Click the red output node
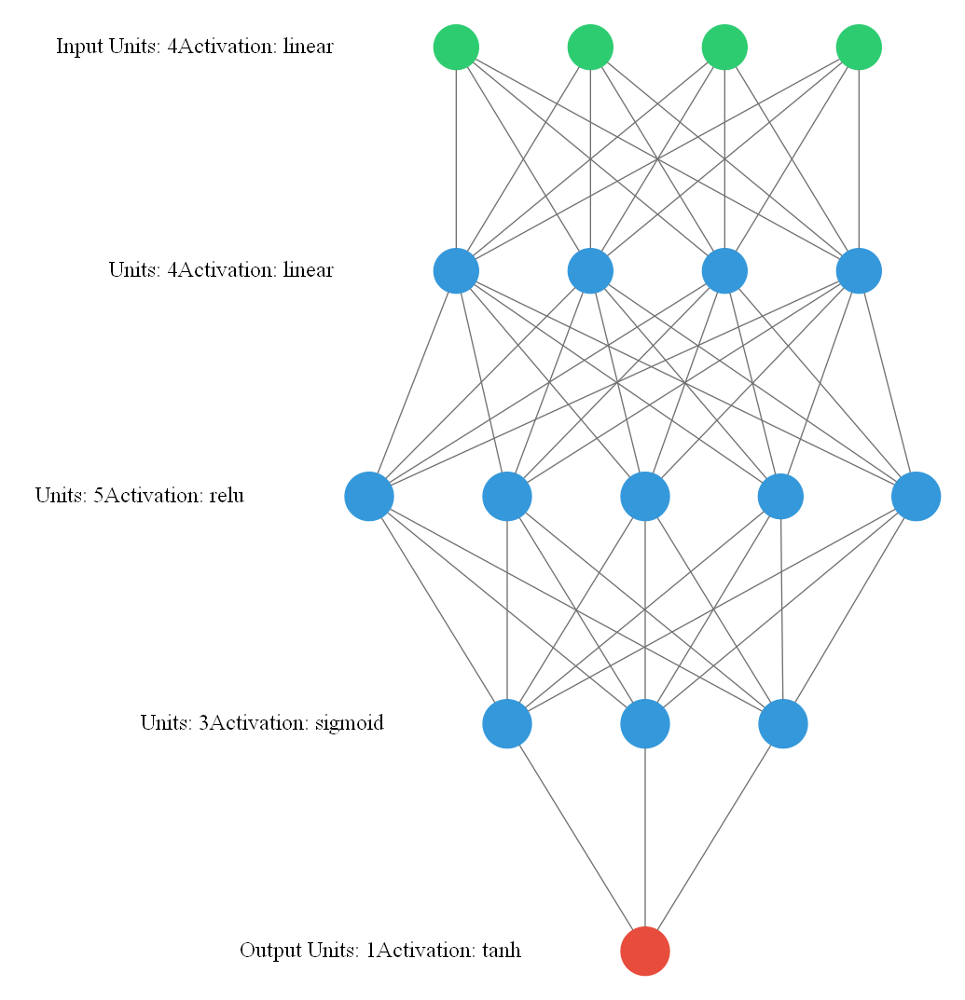(x=645, y=951)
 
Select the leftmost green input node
(x=456, y=47)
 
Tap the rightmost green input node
(x=859, y=47)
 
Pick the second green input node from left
(x=590, y=47)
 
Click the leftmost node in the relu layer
(x=369, y=496)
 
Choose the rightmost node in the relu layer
(x=916, y=496)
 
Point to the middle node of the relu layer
(x=645, y=496)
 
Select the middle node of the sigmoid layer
(x=645, y=723)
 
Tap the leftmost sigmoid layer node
(x=507, y=723)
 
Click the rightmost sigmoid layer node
(x=783, y=723)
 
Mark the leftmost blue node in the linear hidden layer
(x=456, y=271)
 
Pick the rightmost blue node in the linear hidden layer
(x=859, y=271)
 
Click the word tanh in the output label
(x=502, y=951)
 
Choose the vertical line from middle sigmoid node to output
(x=645, y=839)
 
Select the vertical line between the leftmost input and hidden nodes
(x=456, y=158)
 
